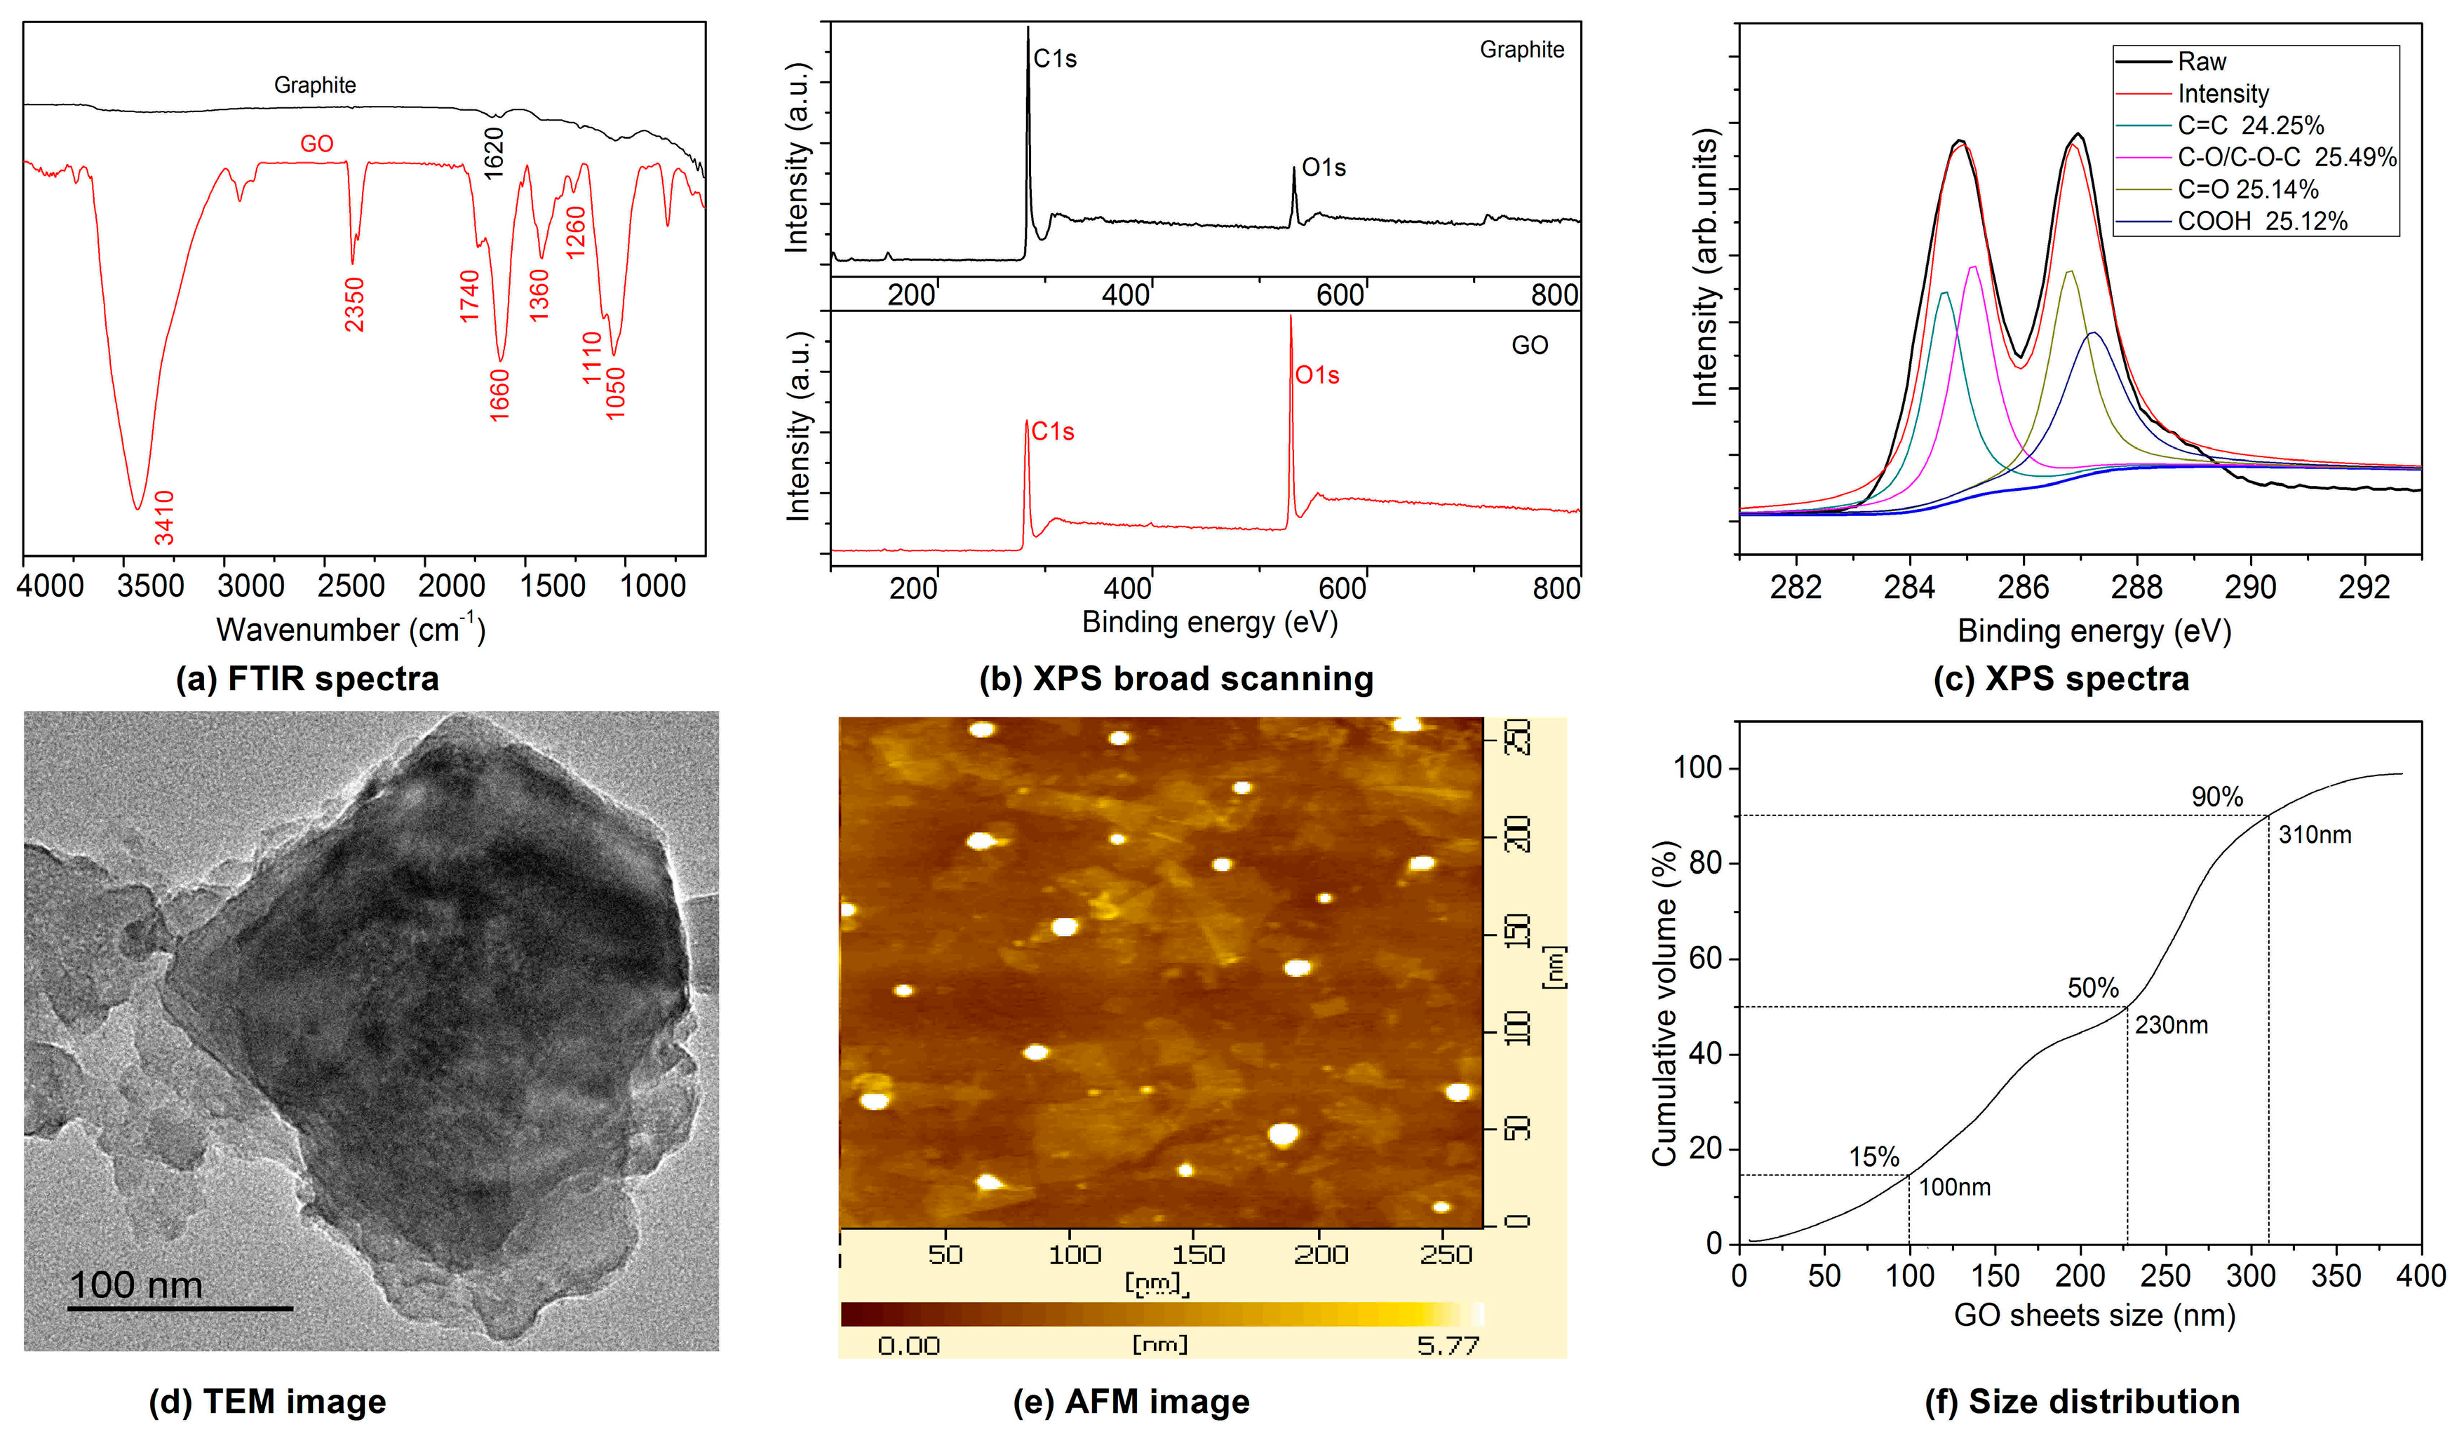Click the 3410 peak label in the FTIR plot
click(x=164, y=517)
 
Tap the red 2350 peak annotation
click(x=354, y=304)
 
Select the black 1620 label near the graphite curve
click(x=494, y=152)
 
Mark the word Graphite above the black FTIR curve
click(x=315, y=85)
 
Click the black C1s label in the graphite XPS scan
click(x=1055, y=60)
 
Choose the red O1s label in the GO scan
click(x=1317, y=375)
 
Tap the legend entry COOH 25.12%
click(x=2262, y=222)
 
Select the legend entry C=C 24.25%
click(x=2250, y=126)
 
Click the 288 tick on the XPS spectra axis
click(x=2136, y=587)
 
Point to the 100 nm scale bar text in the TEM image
click(x=137, y=1284)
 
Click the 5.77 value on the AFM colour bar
click(x=1447, y=1346)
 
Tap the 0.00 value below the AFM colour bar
click(x=908, y=1346)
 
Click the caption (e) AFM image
click(x=1131, y=1401)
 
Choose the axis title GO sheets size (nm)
click(x=2094, y=1315)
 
